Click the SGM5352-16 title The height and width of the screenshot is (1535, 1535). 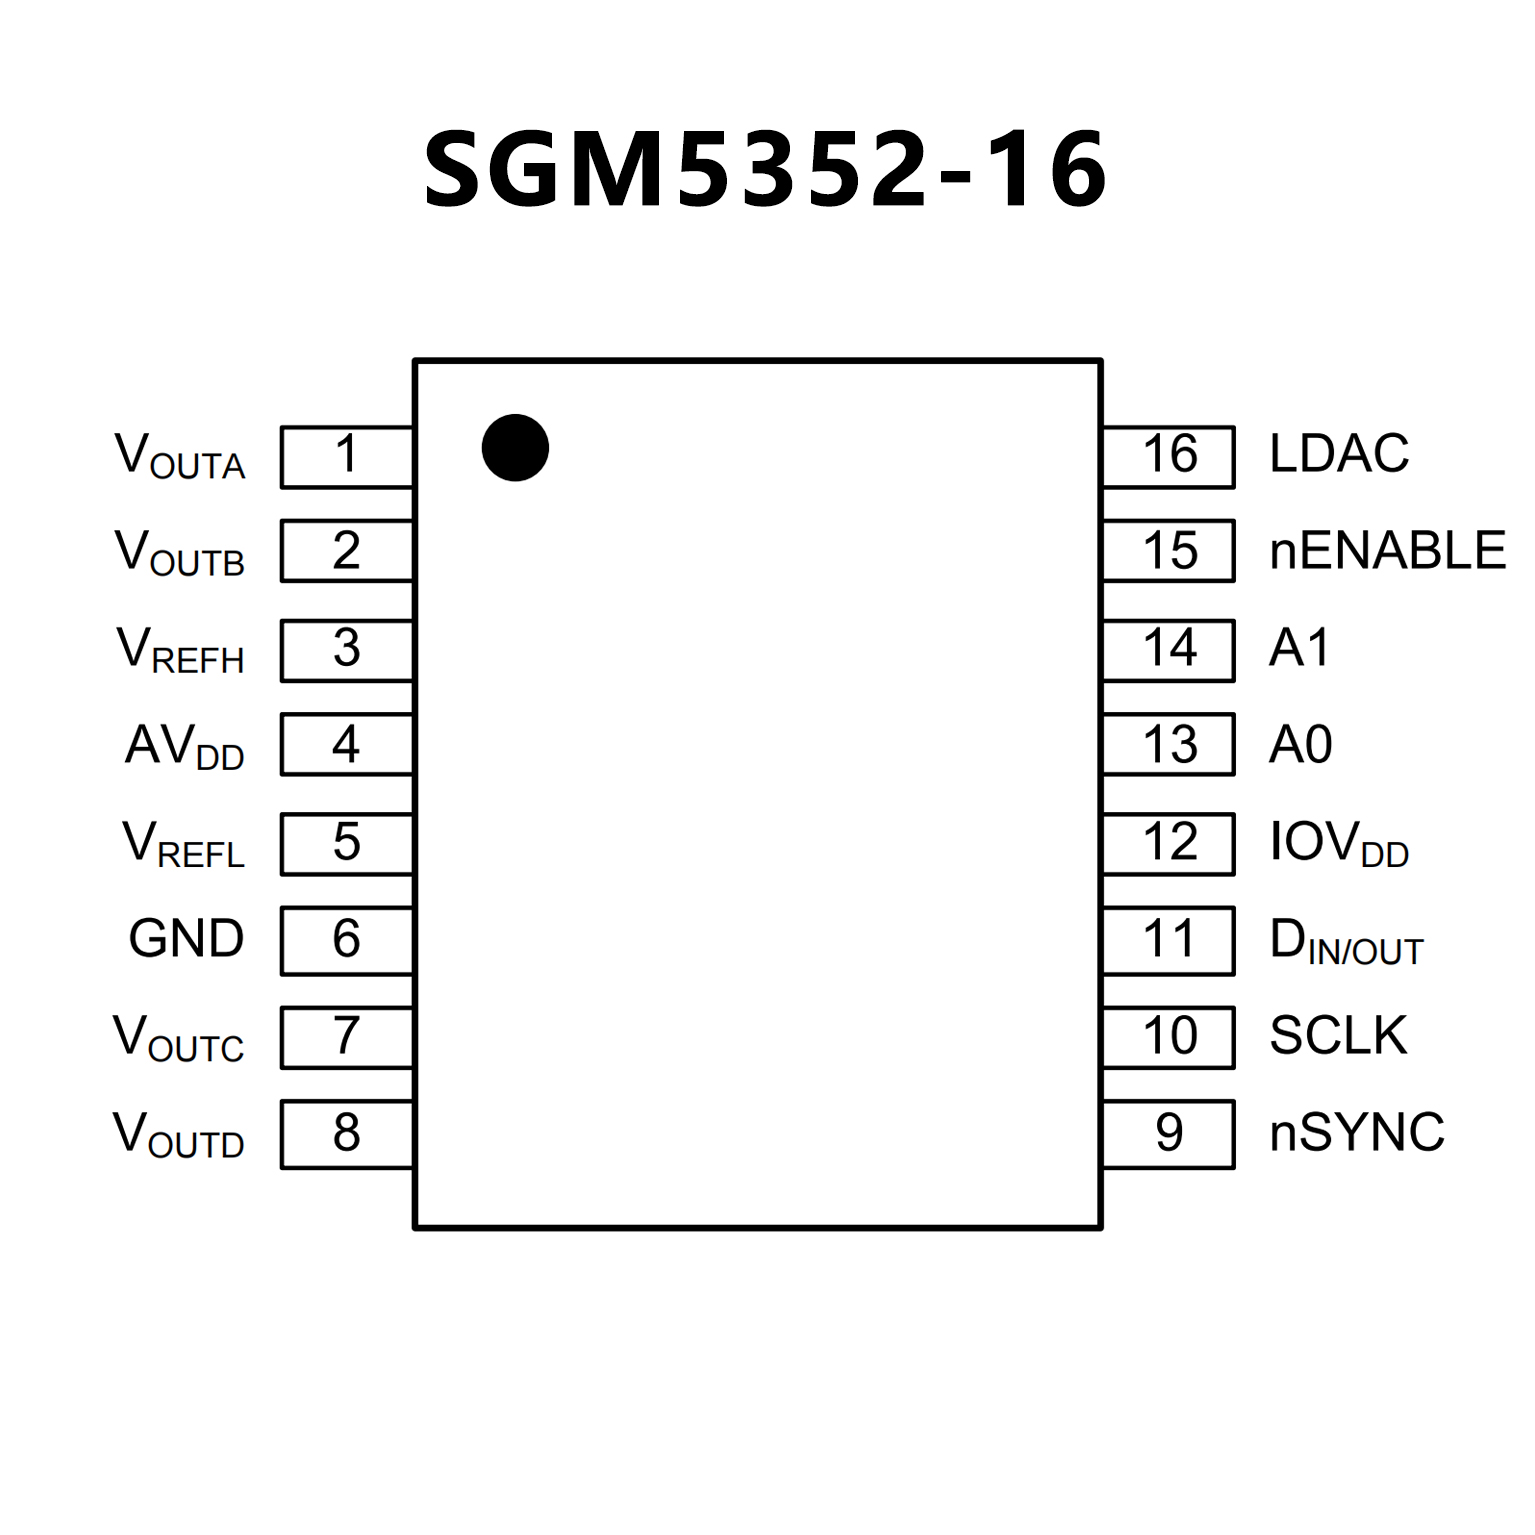tap(765, 170)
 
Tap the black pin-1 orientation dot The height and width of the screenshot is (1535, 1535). tap(515, 448)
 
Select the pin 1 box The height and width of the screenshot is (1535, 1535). tap(346, 456)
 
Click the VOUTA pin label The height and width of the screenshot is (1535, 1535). tap(180, 456)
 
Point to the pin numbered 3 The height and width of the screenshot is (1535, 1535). tap(346, 650)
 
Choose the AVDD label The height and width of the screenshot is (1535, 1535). tap(185, 747)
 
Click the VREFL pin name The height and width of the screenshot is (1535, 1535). tap(183, 844)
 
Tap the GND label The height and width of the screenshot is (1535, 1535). tap(186, 939)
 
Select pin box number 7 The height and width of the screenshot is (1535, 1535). tap(346, 1037)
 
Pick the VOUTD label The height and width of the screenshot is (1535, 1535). tap(178, 1136)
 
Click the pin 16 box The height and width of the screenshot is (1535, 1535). tap(1169, 456)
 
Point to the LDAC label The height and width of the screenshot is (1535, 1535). tap(1339, 454)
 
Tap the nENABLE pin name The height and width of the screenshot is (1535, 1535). tap(1387, 551)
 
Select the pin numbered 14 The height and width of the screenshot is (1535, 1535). tap(1169, 650)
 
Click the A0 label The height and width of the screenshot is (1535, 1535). tap(1300, 745)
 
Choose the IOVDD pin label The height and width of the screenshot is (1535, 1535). tap(1339, 844)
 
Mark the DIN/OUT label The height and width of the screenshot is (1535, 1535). tap(1346, 942)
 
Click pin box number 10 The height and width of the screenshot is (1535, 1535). tap(1169, 1037)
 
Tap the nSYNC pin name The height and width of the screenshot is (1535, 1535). tap(1357, 1133)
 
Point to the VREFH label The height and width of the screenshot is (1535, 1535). tap(180, 650)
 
